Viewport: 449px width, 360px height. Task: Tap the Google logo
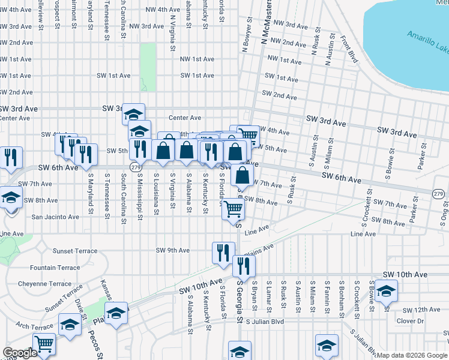point(20,353)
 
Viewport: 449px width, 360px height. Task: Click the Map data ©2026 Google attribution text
point(412,355)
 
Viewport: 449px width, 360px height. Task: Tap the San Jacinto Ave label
point(55,217)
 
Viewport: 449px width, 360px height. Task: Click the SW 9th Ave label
point(172,250)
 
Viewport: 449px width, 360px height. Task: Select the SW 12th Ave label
point(421,310)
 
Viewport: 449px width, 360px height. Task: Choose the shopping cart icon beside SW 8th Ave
point(233,209)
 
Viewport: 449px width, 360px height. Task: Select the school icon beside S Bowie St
point(386,290)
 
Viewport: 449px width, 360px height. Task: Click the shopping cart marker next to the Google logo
point(44,344)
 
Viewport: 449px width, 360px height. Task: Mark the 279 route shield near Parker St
point(439,193)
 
